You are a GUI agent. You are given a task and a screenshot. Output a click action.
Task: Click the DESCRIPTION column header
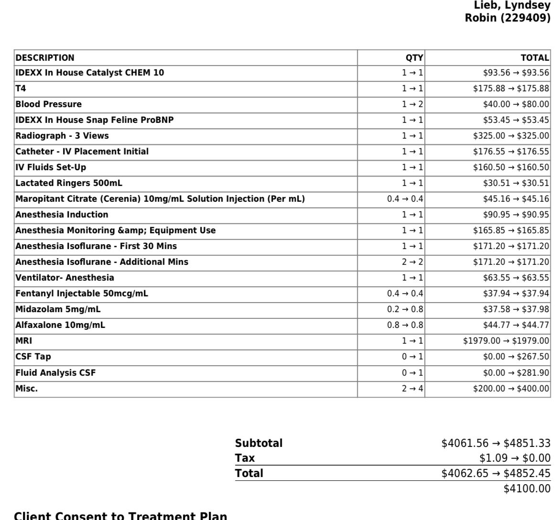click(45, 58)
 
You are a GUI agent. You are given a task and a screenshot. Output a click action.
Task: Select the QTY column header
click(414, 58)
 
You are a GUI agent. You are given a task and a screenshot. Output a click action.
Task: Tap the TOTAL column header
click(535, 58)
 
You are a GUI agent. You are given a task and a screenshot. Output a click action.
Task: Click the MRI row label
click(24, 341)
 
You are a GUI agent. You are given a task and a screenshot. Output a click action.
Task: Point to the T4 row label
click(21, 88)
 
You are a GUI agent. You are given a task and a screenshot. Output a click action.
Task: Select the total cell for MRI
click(506, 341)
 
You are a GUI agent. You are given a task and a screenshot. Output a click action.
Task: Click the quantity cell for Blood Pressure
click(412, 104)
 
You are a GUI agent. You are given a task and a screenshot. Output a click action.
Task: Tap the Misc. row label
click(27, 389)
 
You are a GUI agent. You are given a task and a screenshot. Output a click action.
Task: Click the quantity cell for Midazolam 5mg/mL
click(405, 309)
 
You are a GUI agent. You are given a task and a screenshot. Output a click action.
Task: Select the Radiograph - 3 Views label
click(62, 136)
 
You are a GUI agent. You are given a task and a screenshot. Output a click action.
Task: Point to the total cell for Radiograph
click(511, 136)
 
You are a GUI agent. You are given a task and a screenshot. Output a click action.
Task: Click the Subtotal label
click(258, 443)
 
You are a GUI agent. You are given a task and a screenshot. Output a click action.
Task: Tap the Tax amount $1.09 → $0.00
click(515, 458)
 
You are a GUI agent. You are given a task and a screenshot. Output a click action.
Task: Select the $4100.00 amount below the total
click(527, 488)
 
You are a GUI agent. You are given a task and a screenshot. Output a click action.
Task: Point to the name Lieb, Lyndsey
click(512, 5)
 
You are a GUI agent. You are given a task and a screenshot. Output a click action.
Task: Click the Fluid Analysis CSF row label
click(55, 372)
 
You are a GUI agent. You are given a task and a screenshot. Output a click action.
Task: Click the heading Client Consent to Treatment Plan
click(120, 515)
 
